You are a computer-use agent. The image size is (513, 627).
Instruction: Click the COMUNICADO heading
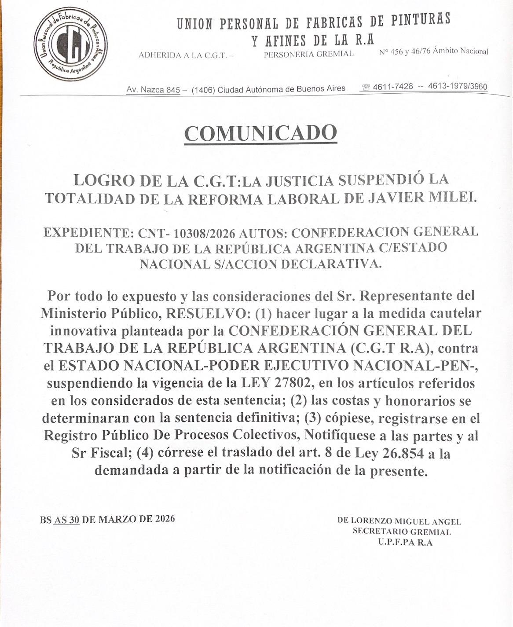tap(261, 133)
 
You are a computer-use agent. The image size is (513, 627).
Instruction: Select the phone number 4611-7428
tap(393, 87)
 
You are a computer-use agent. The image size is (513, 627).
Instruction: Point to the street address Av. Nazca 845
tap(153, 90)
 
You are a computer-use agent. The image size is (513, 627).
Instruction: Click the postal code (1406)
tap(203, 90)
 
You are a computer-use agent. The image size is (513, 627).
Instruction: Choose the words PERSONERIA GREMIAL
tap(308, 54)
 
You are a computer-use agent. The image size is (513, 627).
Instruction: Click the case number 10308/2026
tap(206, 232)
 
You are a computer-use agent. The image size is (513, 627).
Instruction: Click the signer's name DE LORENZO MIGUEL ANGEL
tap(399, 521)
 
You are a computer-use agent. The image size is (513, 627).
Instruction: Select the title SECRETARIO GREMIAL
tap(402, 532)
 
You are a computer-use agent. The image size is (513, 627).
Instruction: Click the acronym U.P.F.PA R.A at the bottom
tap(405, 542)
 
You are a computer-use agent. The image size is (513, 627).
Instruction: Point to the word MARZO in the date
tap(117, 519)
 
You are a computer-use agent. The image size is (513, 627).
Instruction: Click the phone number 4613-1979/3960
tap(458, 86)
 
